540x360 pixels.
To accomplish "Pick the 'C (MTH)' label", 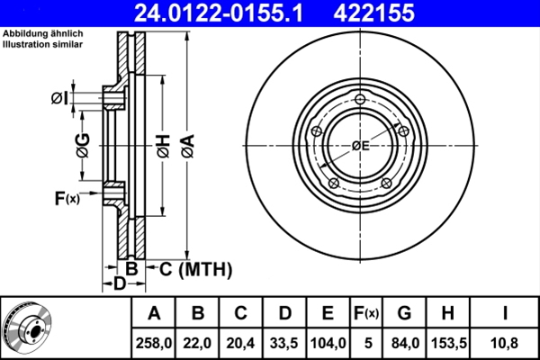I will point(195,268).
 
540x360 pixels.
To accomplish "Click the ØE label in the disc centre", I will point(360,145).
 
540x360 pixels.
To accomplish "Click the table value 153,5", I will point(448,342).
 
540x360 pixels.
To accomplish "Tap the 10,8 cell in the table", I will point(507,342).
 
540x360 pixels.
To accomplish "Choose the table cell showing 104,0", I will point(328,342).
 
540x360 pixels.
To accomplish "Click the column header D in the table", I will point(283,313).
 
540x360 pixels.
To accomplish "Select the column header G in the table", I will point(404,313).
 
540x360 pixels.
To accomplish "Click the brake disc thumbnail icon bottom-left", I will point(28,327).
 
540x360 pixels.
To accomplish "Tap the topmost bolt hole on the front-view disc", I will point(361,100).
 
